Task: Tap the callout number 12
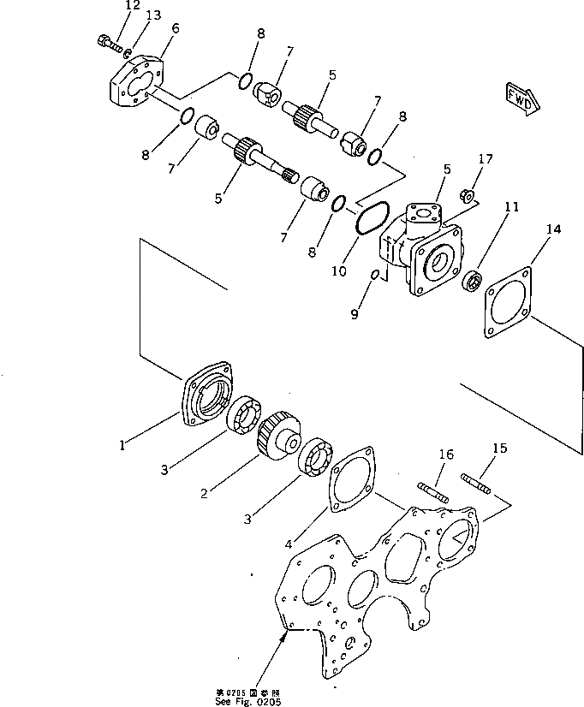[131, 6]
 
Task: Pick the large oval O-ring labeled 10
[373, 218]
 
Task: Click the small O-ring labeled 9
[375, 274]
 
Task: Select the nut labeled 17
[468, 196]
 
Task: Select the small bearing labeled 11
[470, 281]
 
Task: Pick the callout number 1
[122, 444]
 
